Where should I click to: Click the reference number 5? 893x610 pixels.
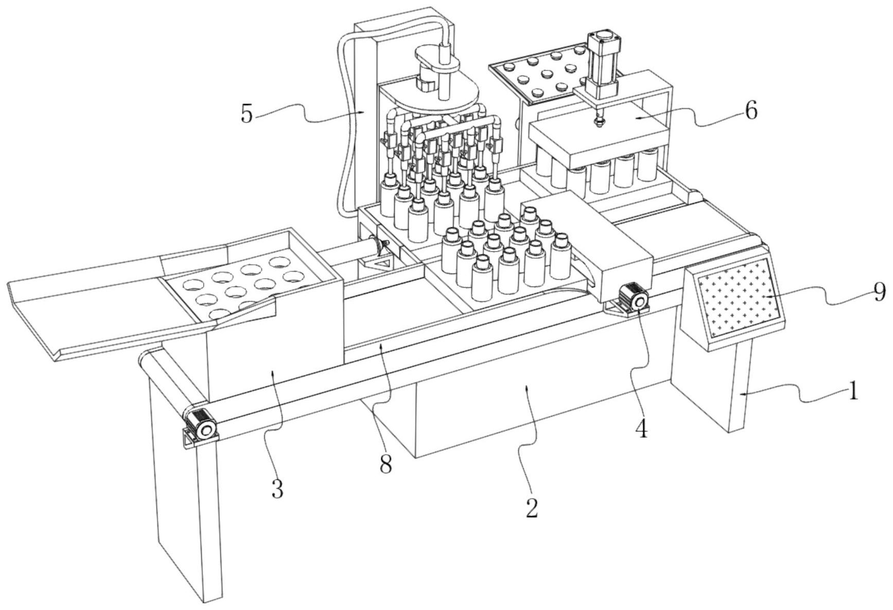point(247,114)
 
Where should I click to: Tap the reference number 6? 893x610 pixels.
point(751,111)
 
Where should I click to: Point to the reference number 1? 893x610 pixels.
point(853,392)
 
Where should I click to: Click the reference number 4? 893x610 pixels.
point(641,429)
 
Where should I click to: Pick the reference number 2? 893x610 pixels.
point(532,508)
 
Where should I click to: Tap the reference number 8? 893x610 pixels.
point(386,464)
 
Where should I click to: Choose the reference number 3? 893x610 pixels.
point(277,489)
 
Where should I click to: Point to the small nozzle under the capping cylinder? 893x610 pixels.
point(598,122)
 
